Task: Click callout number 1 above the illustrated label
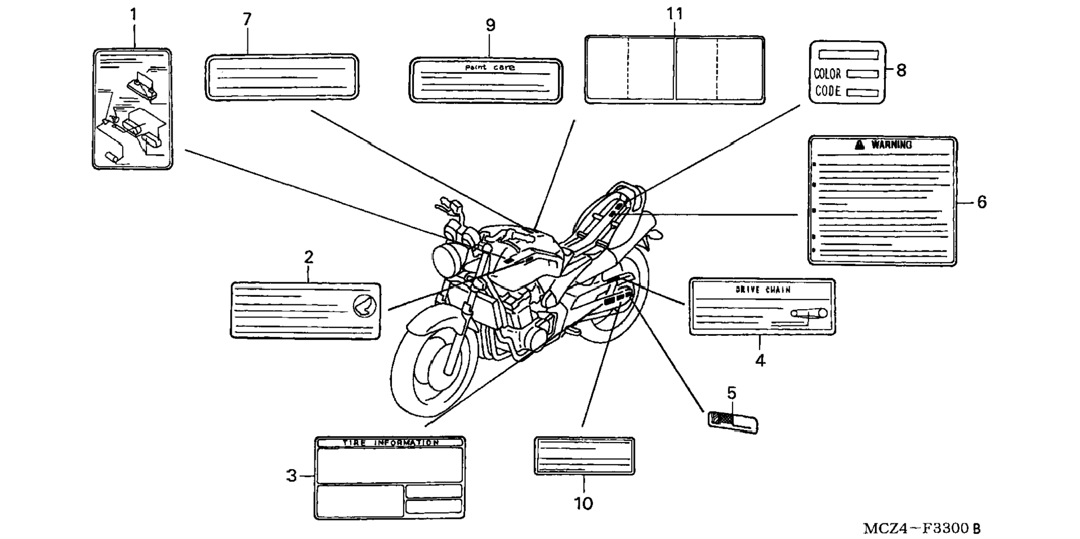(133, 15)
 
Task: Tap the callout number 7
(247, 20)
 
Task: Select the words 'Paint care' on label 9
(490, 68)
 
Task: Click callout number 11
(675, 14)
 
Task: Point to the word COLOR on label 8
(827, 74)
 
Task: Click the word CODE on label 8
(828, 91)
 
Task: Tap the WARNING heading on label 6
(891, 145)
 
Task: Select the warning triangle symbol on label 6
(859, 145)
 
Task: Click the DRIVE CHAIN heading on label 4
(763, 290)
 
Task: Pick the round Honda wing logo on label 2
(365, 306)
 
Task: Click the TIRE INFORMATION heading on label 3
(391, 442)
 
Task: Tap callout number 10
(584, 503)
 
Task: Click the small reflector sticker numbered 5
(733, 421)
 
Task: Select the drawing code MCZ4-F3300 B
(921, 528)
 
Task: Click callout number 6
(982, 202)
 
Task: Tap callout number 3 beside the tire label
(291, 476)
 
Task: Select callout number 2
(309, 257)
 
